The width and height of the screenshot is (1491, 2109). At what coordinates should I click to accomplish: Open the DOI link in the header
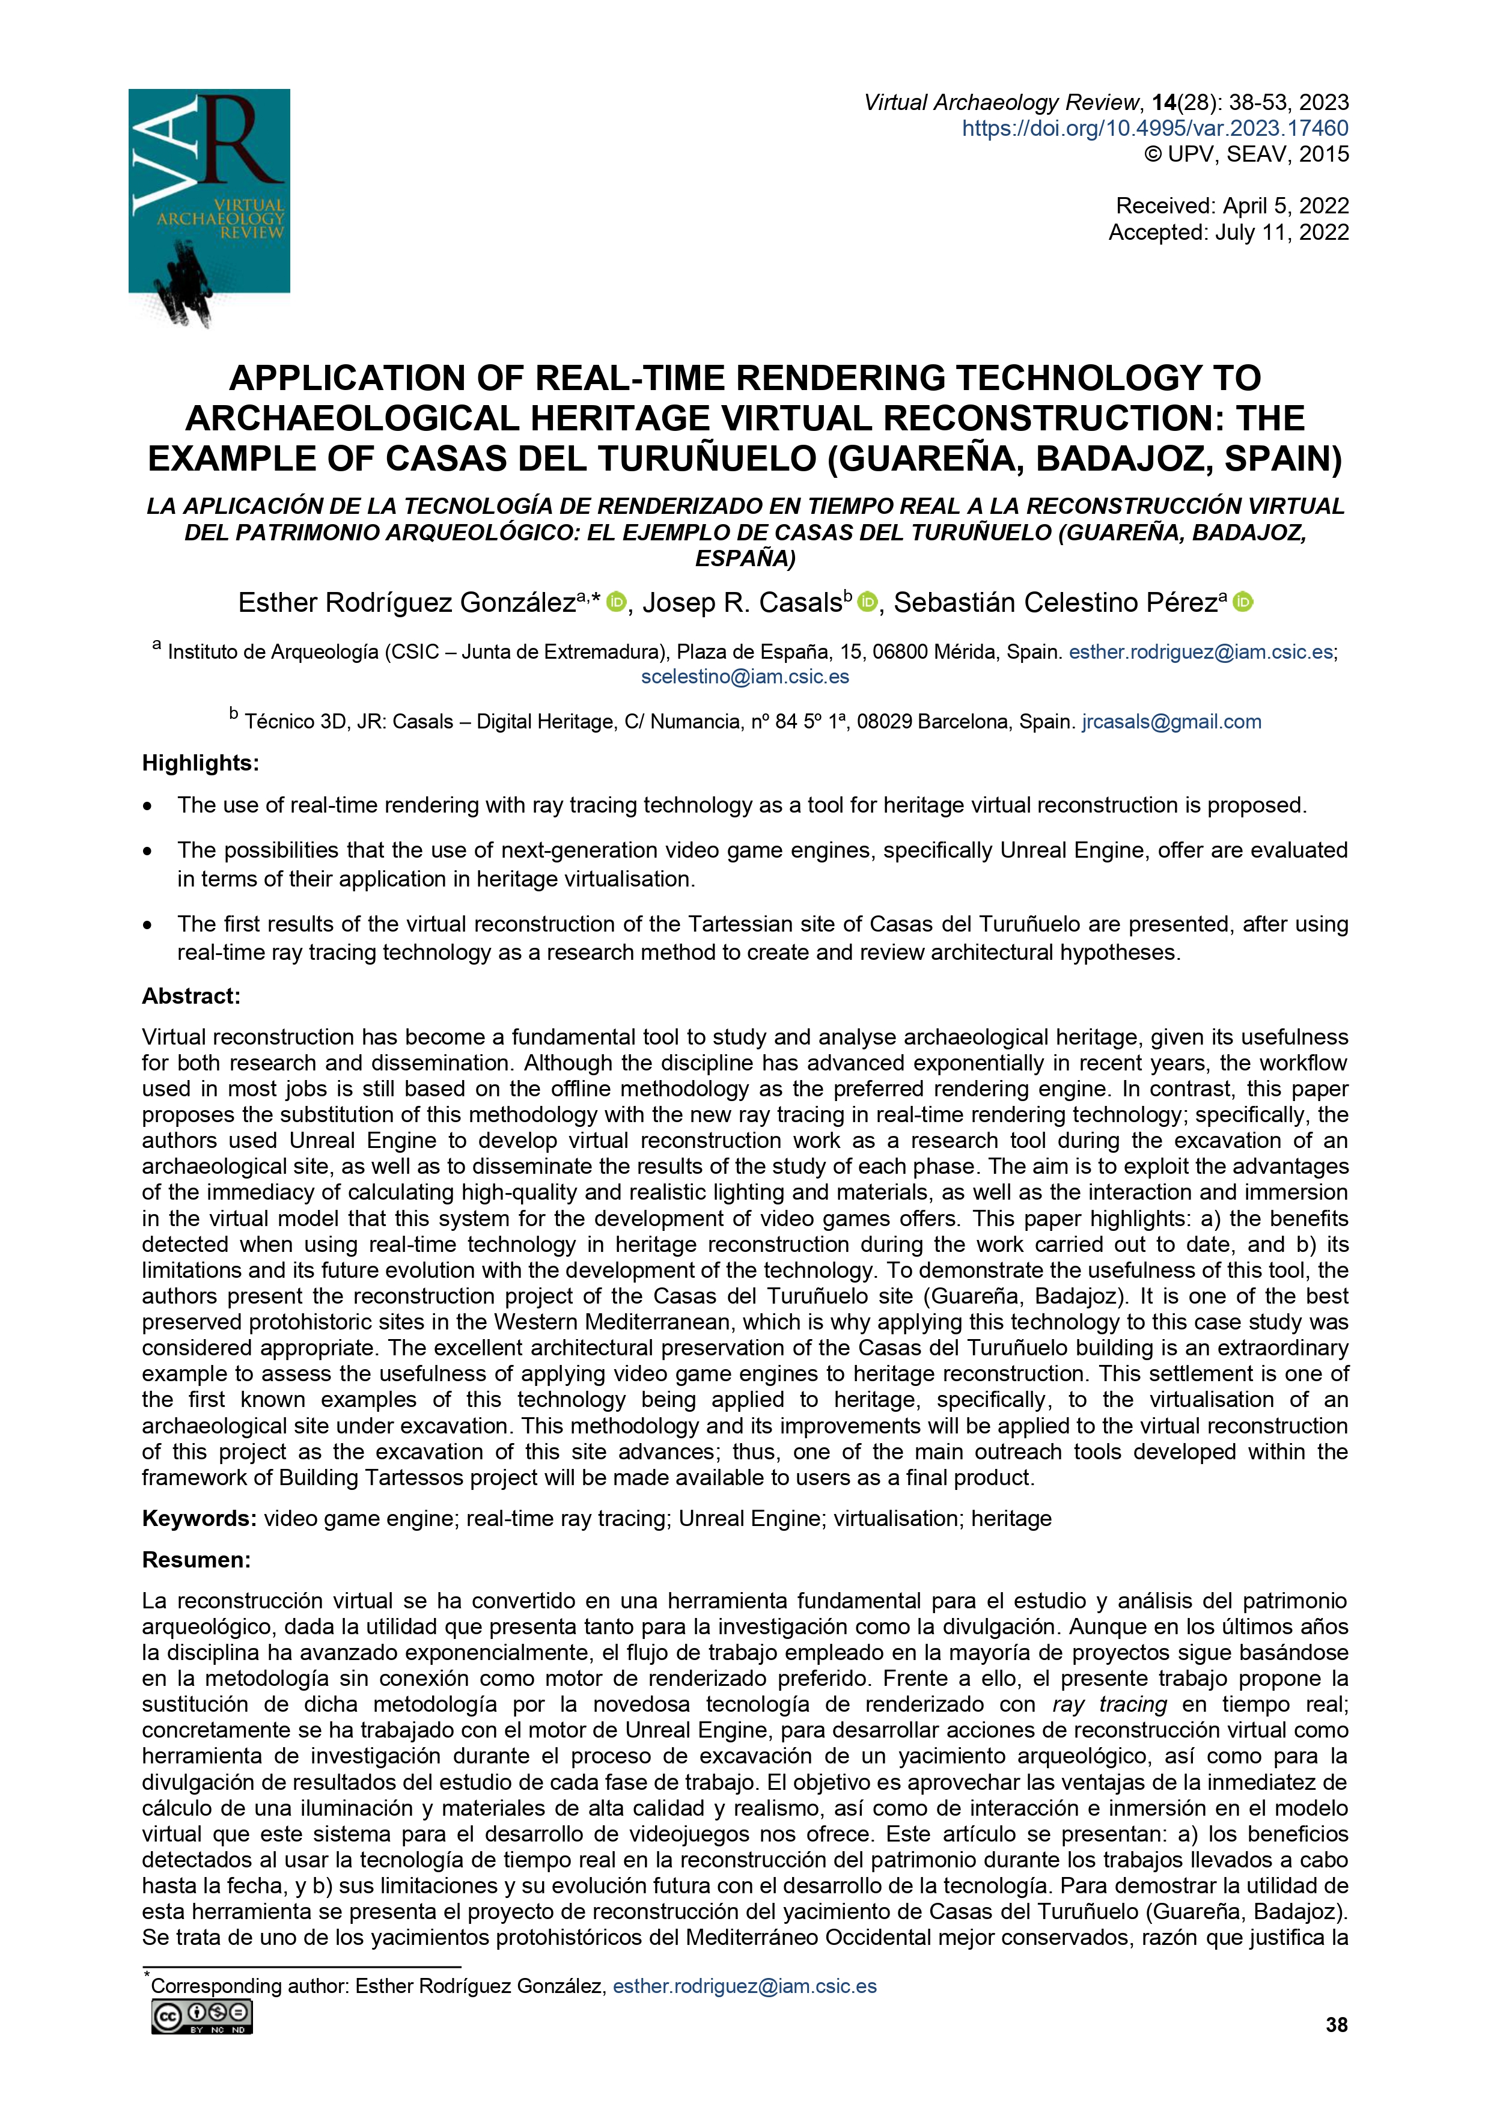[1155, 129]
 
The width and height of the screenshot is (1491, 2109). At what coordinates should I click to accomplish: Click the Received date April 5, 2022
[1232, 206]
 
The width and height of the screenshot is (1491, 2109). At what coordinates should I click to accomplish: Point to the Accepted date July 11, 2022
[1228, 233]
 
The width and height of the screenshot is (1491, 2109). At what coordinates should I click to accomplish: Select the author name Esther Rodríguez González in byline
[406, 603]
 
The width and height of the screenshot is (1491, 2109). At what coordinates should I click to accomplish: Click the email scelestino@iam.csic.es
[745, 677]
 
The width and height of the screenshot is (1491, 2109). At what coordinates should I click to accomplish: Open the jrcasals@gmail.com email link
[1171, 722]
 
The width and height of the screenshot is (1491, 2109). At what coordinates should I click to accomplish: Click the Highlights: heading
[200, 763]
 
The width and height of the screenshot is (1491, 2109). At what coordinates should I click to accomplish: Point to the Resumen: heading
[196, 1560]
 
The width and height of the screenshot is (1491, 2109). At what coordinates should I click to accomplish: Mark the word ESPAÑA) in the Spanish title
[745, 558]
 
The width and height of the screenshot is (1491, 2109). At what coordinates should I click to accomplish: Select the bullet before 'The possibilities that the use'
[147, 852]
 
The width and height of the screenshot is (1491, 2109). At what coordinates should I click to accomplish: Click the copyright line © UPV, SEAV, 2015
[1246, 154]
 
